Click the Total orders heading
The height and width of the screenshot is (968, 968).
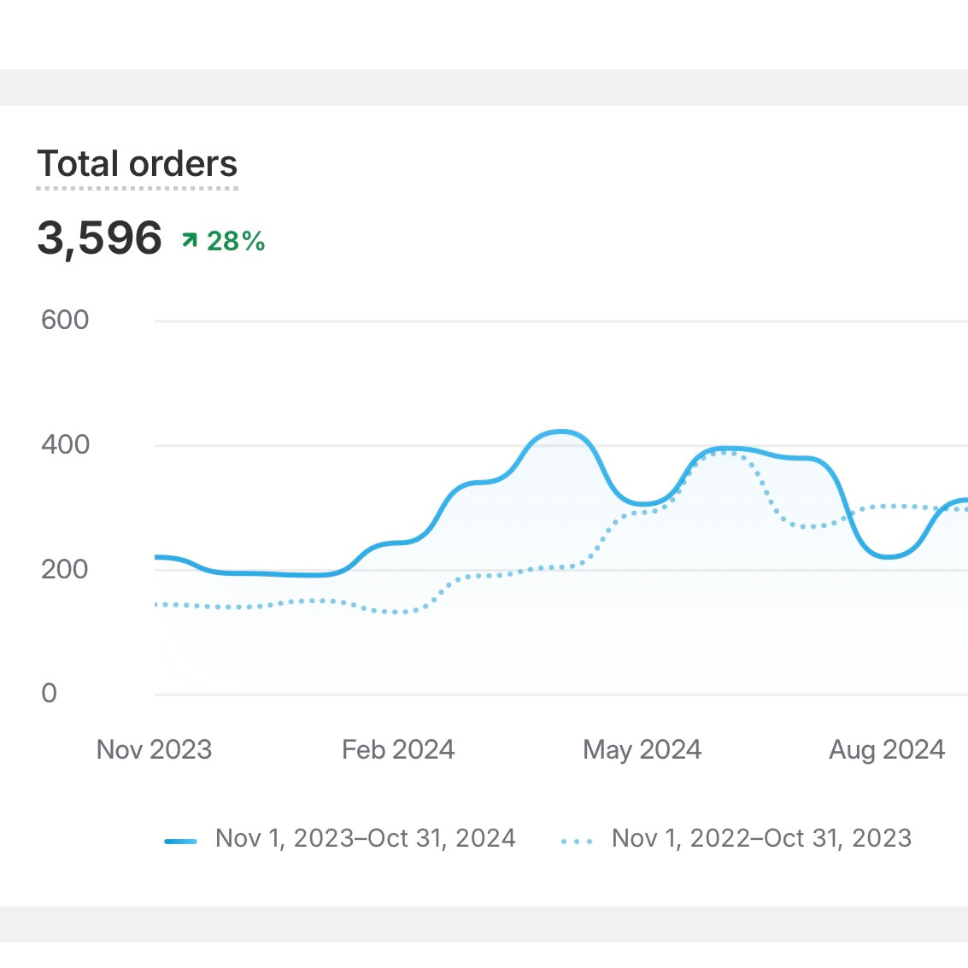(137, 163)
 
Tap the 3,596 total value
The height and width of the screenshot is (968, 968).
(99, 238)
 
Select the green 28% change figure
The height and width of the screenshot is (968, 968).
(236, 242)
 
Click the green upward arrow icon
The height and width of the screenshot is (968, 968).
(190, 242)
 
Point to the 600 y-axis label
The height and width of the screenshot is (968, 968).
(65, 320)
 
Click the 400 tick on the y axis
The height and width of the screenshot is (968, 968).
(65, 445)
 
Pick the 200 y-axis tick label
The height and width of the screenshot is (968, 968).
(65, 570)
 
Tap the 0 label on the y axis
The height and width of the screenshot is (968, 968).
(50, 693)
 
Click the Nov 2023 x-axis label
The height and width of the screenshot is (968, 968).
(154, 750)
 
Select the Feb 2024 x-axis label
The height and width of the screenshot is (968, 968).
(398, 750)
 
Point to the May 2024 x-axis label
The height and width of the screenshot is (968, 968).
(642, 750)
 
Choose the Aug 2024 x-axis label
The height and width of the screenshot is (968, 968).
(887, 750)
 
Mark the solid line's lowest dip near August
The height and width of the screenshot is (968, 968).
(889, 557)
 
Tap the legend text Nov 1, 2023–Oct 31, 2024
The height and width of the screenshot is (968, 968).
(366, 838)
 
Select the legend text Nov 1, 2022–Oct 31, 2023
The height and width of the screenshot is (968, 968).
(761, 838)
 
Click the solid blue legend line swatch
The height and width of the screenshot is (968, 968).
(180, 842)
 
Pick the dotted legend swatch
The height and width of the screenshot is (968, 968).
(577, 842)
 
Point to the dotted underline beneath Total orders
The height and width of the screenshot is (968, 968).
(137, 188)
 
